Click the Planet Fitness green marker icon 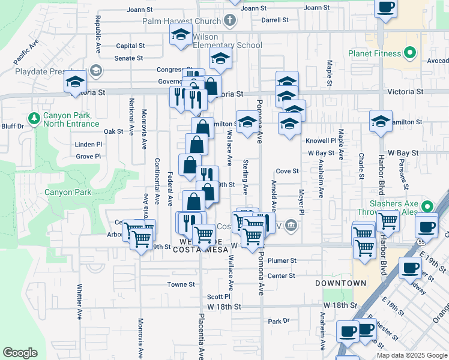point(411,53)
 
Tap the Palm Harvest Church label point(182,22)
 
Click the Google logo point(20,353)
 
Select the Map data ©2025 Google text point(412,355)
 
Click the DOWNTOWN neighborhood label point(340,283)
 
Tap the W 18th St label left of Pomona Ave point(223,307)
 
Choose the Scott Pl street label point(218,296)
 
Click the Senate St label point(128,59)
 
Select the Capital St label point(130,46)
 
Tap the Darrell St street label point(275,20)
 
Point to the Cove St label point(287,171)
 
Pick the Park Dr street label point(279,322)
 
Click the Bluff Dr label point(11,126)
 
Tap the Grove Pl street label point(88,157)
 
